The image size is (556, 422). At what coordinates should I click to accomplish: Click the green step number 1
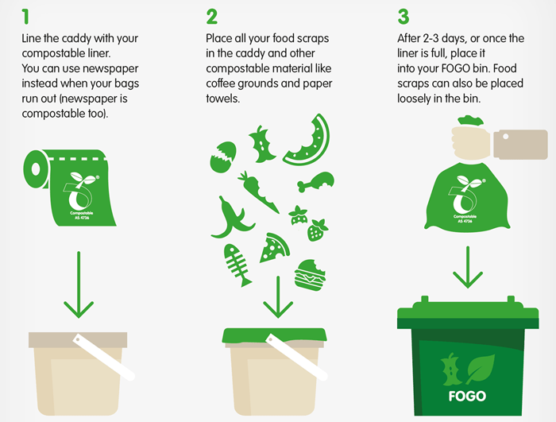click(25, 17)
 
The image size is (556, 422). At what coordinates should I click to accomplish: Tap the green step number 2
click(212, 17)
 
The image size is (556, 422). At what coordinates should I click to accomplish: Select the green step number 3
click(403, 17)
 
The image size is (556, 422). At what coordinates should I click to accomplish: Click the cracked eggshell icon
click(222, 157)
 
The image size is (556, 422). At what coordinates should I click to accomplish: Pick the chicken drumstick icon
click(315, 182)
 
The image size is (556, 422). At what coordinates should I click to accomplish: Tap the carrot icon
click(258, 192)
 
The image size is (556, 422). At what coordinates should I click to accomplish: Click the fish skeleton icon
click(237, 265)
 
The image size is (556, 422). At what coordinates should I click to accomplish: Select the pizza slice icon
click(274, 248)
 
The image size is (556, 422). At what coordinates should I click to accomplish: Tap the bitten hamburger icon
click(310, 275)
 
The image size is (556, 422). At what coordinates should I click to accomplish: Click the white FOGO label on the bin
click(467, 396)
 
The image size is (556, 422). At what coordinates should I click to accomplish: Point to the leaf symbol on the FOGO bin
click(480, 369)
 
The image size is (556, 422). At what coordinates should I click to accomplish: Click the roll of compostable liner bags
click(69, 188)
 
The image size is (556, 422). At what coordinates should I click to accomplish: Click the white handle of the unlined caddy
click(103, 357)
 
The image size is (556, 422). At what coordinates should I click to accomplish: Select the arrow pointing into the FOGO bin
click(468, 267)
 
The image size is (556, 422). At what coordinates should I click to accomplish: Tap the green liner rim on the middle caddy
click(274, 335)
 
